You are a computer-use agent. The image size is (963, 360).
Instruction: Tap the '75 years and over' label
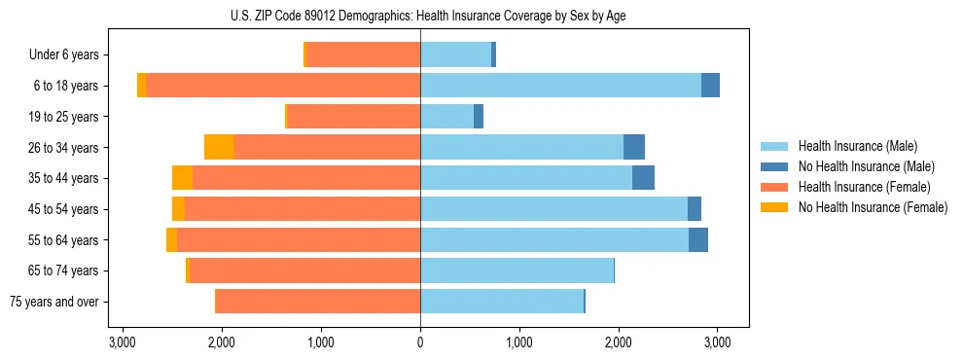click(x=54, y=302)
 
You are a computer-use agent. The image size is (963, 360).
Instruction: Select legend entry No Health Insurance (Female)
click(x=872, y=207)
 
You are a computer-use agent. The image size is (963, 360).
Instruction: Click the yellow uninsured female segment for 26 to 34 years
click(x=220, y=147)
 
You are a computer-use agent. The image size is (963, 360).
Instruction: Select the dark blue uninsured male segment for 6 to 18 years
click(x=710, y=86)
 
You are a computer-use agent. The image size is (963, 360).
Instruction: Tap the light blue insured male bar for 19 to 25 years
click(x=446, y=117)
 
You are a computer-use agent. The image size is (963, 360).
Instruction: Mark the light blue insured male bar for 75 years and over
click(x=501, y=302)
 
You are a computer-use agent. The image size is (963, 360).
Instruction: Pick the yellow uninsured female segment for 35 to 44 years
click(x=182, y=178)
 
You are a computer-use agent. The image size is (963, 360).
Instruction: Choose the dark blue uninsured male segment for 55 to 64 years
click(x=697, y=240)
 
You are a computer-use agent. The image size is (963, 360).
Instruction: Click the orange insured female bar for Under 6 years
click(x=363, y=55)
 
